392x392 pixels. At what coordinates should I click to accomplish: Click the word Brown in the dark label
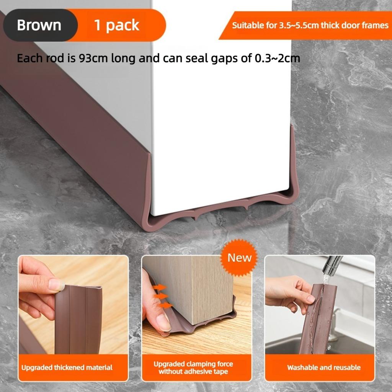click(x=39, y=25)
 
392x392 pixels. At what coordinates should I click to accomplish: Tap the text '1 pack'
click(x=117, y=25)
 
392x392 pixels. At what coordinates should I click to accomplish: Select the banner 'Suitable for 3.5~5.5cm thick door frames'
click(x=310, y=26)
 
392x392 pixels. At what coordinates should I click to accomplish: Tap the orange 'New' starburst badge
click(x=240, y=258)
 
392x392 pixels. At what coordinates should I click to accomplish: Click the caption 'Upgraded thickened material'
click(x=67, y=367)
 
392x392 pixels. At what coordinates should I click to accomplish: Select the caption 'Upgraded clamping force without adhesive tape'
click(x=193, y=367)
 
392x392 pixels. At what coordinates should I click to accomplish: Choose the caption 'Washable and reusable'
click(x=324, y=367)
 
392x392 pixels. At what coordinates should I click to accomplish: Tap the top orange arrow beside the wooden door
click(x=160, y=287)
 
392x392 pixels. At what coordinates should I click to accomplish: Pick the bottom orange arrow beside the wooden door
click(x=165, y=305)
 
